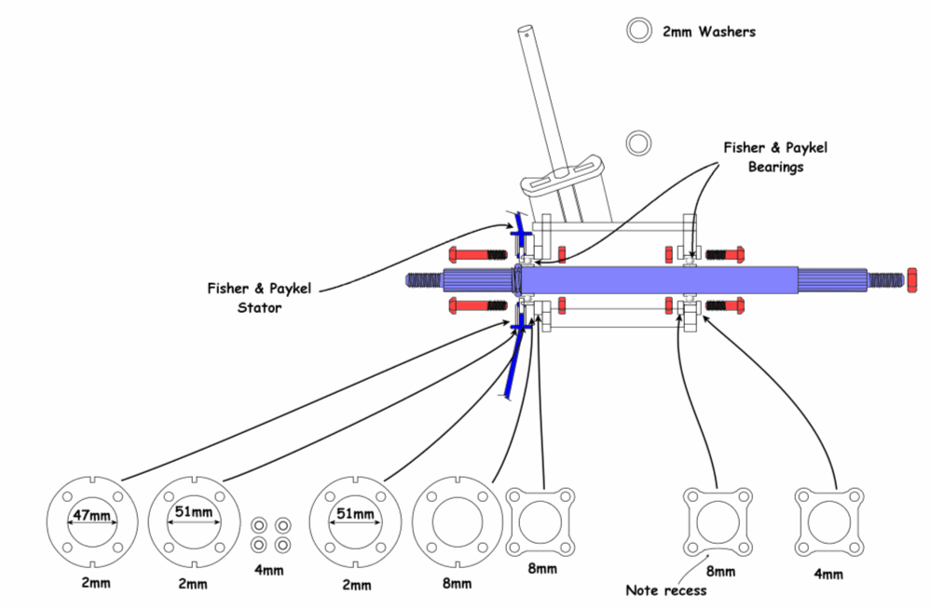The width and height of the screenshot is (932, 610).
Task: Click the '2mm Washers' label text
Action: coord(708,32)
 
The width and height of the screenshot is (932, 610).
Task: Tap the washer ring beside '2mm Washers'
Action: coord(639,31)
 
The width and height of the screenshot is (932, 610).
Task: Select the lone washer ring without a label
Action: coord(638,142)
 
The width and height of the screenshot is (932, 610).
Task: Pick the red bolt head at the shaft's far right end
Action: coord(911,279)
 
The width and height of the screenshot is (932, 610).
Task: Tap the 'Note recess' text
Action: coord(665,590)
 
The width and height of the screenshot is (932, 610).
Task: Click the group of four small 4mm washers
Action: coord(270,534)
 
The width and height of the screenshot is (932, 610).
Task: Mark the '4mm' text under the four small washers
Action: coord(271,563)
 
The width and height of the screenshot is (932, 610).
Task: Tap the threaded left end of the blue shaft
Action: coord(425,279)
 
